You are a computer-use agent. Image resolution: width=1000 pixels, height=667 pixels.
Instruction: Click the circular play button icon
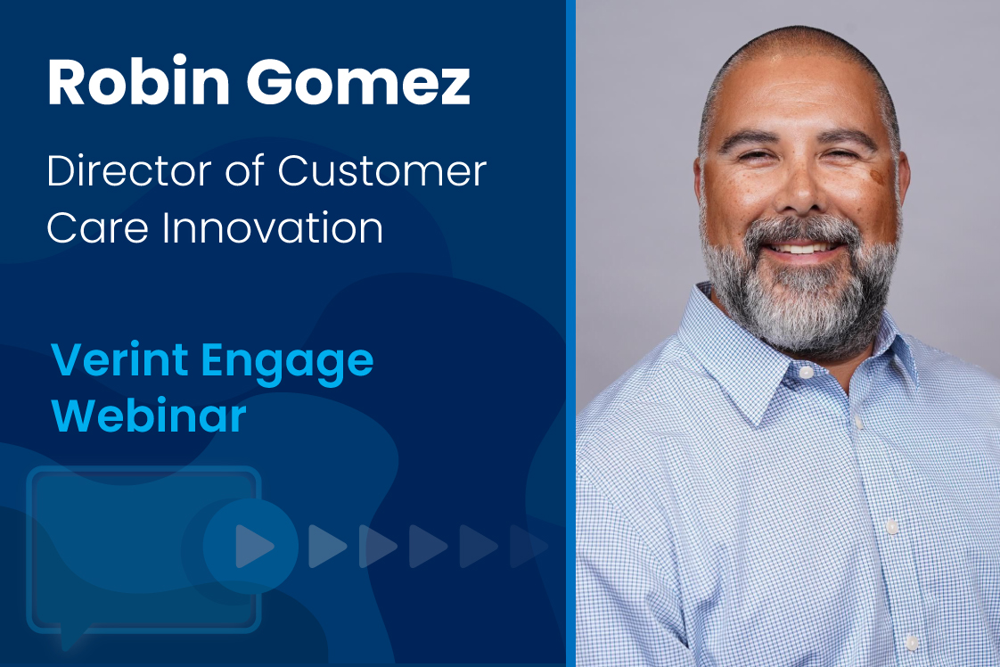point(250,546)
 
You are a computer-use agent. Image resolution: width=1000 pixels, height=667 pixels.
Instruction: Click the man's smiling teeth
point(803,247)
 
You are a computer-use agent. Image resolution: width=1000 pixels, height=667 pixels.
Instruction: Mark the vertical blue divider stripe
point(570,333)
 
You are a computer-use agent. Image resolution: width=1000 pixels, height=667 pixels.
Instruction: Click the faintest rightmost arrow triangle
point(528,546)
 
